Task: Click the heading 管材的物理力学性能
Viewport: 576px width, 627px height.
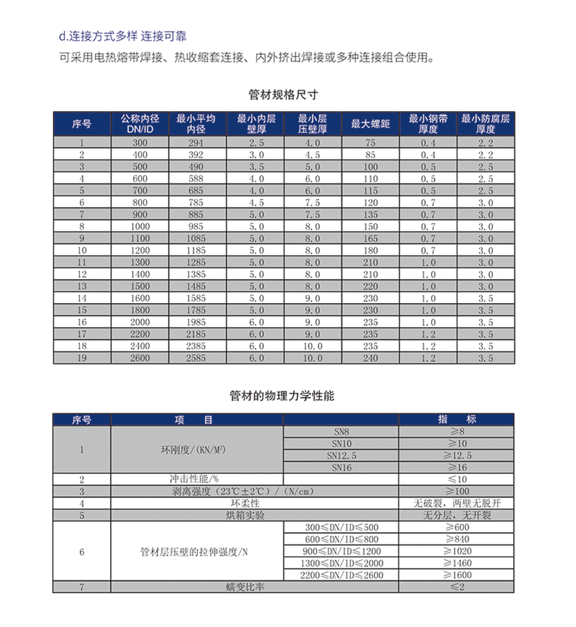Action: coord(282,396)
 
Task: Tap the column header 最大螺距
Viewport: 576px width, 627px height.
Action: coord(371,124)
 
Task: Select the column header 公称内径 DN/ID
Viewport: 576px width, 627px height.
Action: coord(139,124)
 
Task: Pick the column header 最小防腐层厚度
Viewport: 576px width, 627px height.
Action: coord(486,124)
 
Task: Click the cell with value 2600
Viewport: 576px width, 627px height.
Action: coord(139,358)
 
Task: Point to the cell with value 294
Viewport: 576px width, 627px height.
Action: coord(196,143)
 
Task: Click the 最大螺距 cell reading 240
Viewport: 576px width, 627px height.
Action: coord(371,358)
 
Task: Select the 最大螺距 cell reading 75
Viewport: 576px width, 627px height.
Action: coord(371,143)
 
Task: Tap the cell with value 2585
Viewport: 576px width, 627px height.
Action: coord(196,358)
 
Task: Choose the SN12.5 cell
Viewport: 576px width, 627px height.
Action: coord(341,455)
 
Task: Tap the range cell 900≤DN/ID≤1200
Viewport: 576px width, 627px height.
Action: coord(341,551)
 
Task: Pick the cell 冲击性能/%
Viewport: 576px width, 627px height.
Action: coord(198,479)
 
